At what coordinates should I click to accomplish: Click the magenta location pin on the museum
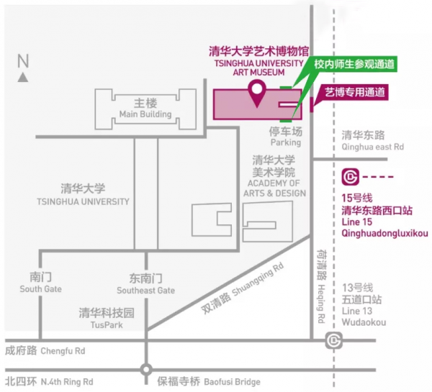[256, 91]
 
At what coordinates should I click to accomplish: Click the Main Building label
[145, 114]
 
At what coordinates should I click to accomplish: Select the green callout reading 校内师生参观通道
[355, 64]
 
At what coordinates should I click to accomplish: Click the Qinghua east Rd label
[374, 147]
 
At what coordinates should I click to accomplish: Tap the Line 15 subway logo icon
[351, 176]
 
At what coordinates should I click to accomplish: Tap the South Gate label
[40, 289]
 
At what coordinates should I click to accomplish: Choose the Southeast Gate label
[145, 290]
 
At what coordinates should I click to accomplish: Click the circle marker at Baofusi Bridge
[146, 370]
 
